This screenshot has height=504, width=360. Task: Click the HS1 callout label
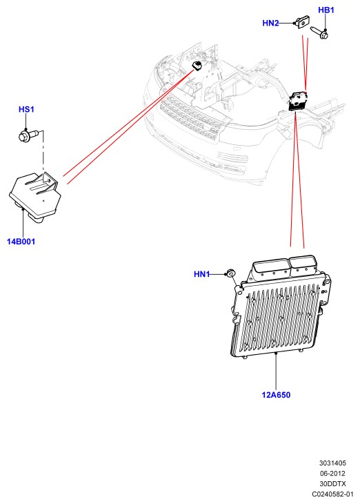(x=26, y=109)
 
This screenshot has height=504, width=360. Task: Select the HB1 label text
(x=326, y=10)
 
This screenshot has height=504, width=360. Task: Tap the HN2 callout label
(x=270, y=23)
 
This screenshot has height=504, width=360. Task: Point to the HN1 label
(x=201, y=274)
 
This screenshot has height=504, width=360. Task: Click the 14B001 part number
(x=21, y=242)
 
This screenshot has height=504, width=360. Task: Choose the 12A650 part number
(x=276, y=395)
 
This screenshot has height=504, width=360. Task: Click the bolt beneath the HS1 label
(x=28, y=135)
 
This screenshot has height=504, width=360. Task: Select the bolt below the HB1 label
(x=319, y=32)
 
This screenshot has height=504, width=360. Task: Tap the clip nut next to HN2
(x=303, y=22)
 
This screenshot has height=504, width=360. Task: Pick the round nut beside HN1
(x=231, y=273)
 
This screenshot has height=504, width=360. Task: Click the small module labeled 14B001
(x=34, y=196)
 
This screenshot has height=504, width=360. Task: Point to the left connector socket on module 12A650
(x=270, y=267)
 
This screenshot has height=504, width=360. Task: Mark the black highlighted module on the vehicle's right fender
(x=299, y=101)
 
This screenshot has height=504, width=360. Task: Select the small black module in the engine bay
(x=197, y=66)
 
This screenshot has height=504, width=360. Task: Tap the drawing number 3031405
(x=332, y=463)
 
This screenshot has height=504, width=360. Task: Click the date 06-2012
(x=332, y=474)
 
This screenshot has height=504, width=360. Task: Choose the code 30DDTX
(x=332, y=484)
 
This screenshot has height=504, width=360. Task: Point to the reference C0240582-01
(x=332, y=494)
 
